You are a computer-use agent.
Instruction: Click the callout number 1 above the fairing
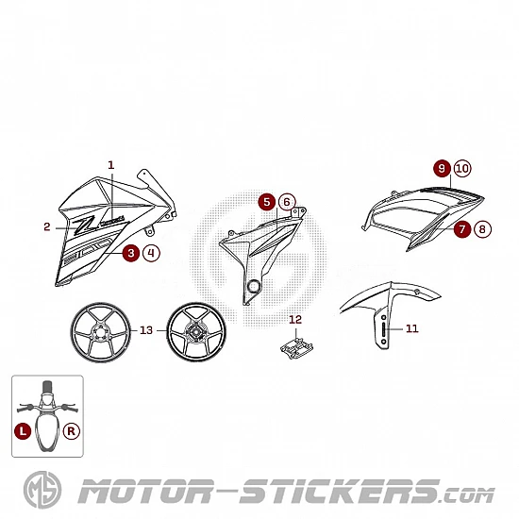click(x=111, y=165)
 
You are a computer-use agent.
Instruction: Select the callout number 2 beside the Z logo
click(x=47, y=226)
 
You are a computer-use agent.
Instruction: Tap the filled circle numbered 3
click(x=131, y=253)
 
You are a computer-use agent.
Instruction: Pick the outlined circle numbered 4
click(x=151, y=253)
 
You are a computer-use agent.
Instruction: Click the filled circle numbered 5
click(x=267, y=202)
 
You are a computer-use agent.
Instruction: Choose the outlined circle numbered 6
click(x=287, y=202)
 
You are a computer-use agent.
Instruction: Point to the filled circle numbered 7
click(x=462, y=229)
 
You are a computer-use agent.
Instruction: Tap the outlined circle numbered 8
click(x=482, y=229)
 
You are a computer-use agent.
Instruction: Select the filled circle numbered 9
click(x=443, y=169)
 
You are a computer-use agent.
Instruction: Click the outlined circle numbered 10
click(x=462, y=169)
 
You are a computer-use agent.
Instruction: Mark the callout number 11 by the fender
click(x=412, y=328)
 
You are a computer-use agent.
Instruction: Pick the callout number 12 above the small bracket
click(x=295, y=319)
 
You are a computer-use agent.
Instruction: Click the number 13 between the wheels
click(x=146, y=330)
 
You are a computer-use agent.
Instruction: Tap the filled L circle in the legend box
click(x=23, y=431)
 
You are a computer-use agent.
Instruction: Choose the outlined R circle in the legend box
click(x=71, y=431)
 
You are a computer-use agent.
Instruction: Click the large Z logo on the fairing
click(x=84, y=226)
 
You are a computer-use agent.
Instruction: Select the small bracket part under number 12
click(x=296, y=348)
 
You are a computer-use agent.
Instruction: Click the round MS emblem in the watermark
click(x=42, y=490)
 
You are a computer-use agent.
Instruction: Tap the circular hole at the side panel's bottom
click(x=254, y=286)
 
